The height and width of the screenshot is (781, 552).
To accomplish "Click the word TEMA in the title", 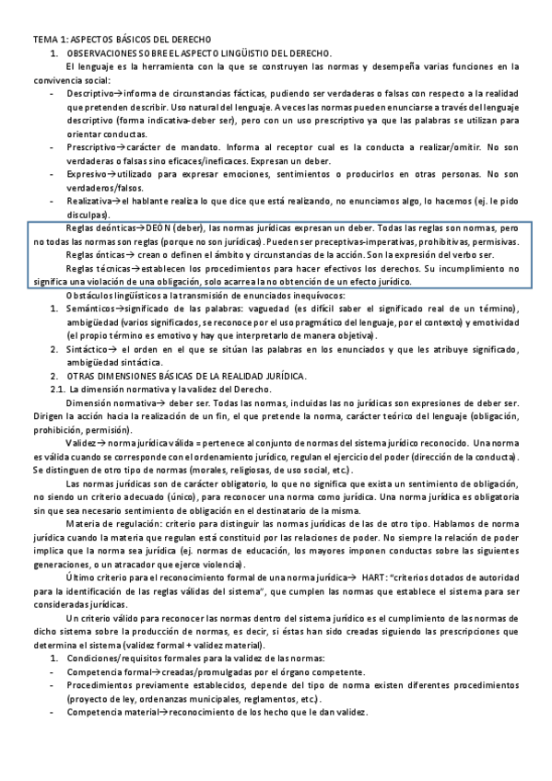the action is pos(46,41).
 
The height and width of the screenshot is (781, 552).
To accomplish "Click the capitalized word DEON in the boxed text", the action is pos(162,227).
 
